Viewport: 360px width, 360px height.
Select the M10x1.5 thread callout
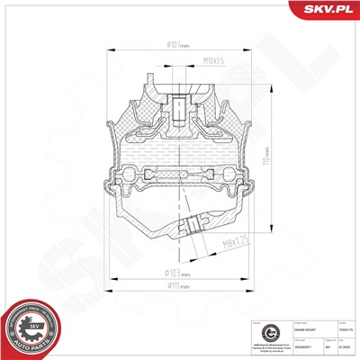click(x=213, y=61)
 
